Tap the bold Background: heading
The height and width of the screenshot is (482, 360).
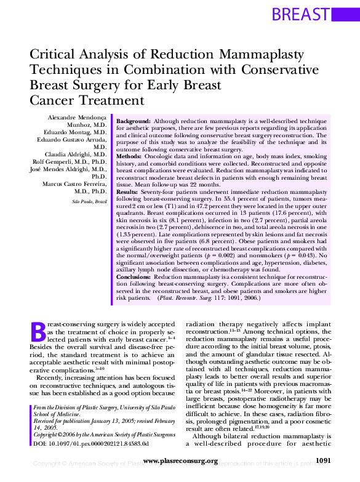click(134, 121)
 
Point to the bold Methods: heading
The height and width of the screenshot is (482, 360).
click(130, 156)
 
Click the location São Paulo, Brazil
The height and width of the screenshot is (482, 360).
click(89, 201)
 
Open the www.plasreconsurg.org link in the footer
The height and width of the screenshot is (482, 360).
click(180, 461)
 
